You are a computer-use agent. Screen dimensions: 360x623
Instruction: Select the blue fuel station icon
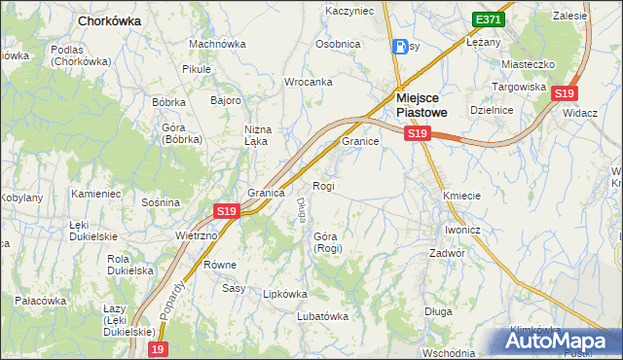pos(400,46)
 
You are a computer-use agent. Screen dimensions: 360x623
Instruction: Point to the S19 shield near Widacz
pos(564,93)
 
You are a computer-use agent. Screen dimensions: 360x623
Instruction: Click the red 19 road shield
pos(159,348)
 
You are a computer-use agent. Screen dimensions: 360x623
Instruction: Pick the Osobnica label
pos(338,45)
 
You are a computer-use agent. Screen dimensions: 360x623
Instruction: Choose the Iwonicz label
pos(462,230)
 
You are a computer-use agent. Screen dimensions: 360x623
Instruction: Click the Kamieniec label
pos(95,194)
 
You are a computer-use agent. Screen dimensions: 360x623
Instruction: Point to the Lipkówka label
pos(285,293)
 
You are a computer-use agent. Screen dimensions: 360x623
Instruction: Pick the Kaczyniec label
pos(349,11)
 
